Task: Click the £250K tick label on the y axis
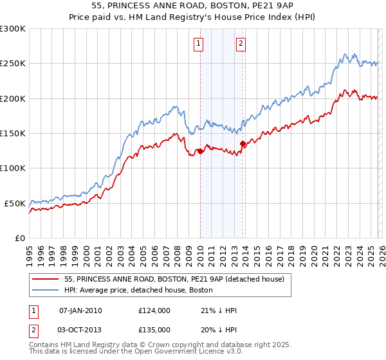(13, 64)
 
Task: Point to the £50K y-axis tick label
(15, 203)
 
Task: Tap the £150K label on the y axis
(13, 134)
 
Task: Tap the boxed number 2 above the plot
(241, 44)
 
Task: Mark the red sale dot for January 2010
(200, 152)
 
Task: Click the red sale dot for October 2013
(243, 144)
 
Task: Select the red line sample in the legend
(46, 279)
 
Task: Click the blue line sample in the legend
(46, 291)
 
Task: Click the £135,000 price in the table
(154, 328)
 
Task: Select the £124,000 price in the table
(154, 310)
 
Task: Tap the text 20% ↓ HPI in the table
(219, 328)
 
